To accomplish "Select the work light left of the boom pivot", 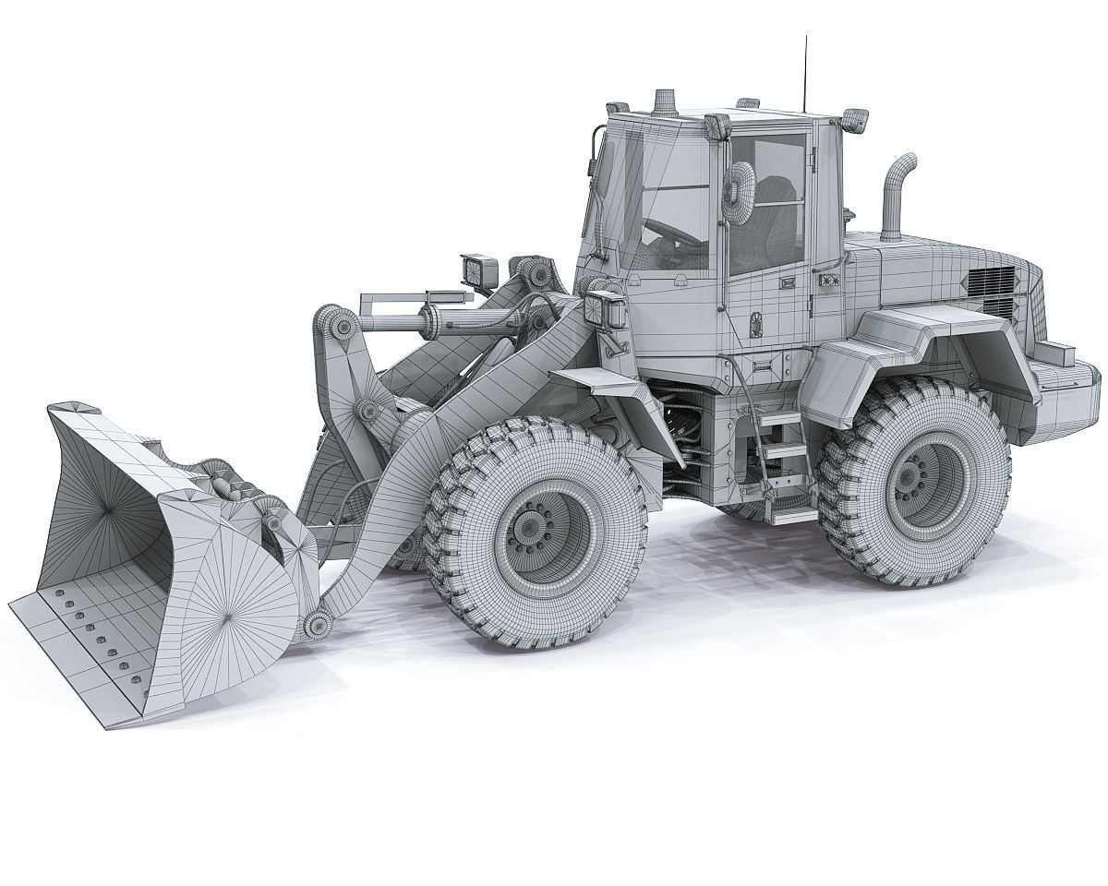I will coord(479,269).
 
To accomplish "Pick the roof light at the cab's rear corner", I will coord(856,119).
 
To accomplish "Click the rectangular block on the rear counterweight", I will coord(1057,353).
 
